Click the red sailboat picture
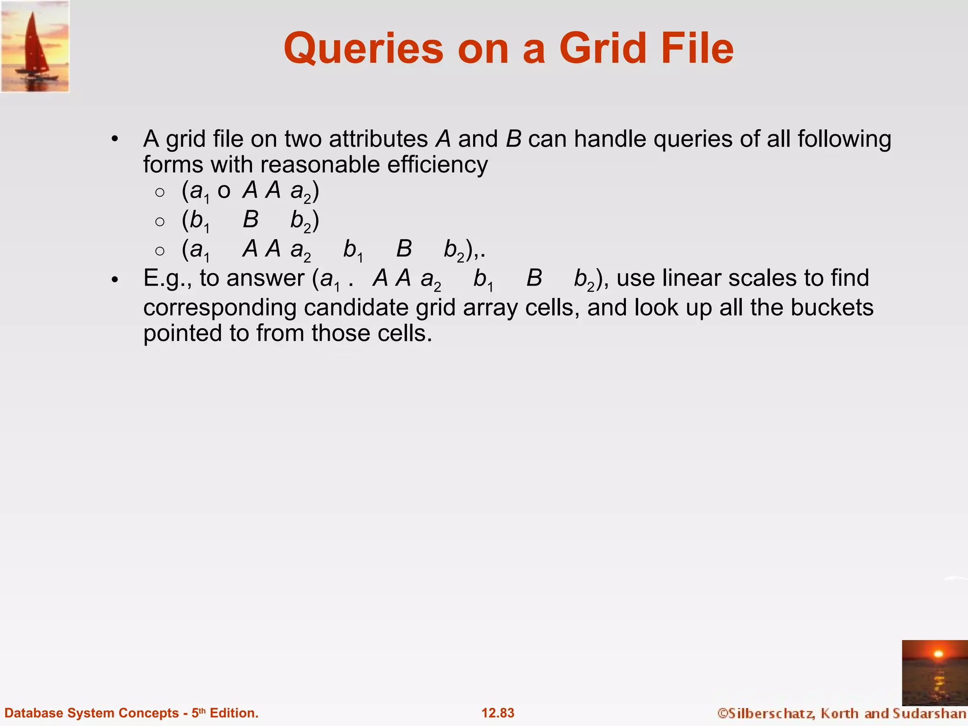coord(35,46)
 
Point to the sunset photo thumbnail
coord(934,673)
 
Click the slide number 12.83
coord(498,713)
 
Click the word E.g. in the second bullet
coord(167,278)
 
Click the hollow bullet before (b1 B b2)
coord(160,221)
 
